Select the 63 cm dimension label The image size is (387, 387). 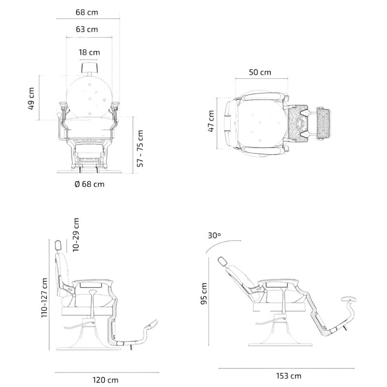click(x=87, y=30)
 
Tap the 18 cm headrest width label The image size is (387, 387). click(x=90, y=52)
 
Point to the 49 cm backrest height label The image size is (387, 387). click(x=32, y=98)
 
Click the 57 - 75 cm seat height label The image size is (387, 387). click(x=141, y=148)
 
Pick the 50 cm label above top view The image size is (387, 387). click(x=260, y=73)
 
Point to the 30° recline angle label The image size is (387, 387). click(x=214, y=236)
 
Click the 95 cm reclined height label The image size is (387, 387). click(x=205, y=293)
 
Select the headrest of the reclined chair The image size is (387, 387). click(x=222, y=261)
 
